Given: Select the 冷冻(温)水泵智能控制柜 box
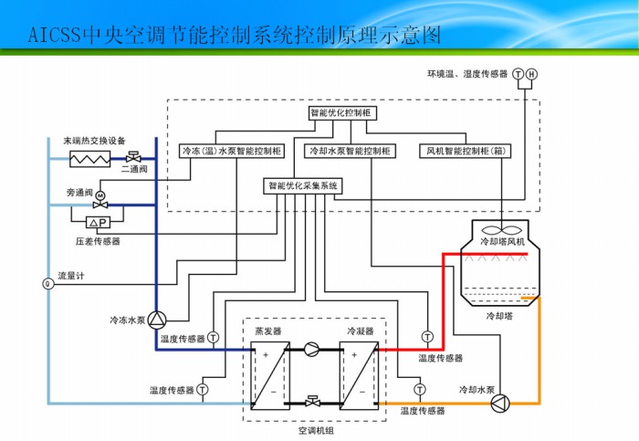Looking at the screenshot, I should (233, 151).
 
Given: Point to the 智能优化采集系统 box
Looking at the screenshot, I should (303, 185).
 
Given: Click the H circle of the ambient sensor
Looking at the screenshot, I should (532, 74).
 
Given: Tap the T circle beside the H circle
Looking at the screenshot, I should (518, 74).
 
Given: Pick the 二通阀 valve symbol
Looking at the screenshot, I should (134, 155).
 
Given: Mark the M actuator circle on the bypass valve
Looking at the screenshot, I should (100, 194).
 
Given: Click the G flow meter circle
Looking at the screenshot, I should (47, 283).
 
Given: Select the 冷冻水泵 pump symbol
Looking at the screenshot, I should (157, 320).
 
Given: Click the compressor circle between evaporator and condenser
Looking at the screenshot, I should (313, 348).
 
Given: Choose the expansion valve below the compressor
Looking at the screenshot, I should (313, 401).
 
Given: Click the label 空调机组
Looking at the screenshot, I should (316, 428).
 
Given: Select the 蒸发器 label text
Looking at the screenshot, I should (268, 331).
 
